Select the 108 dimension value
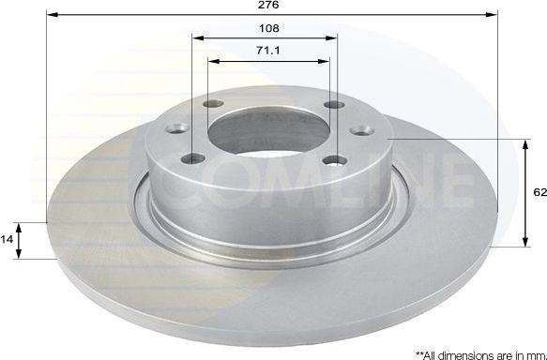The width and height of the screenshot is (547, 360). pyautogui.click(x=270, y=28)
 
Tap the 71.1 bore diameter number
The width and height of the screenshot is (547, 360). pyautogui.click(x=270, y=51)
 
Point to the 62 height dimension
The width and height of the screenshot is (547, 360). pyautogui.click(x=539, y=192)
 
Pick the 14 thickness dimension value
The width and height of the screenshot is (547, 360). pyautogui.click(x=8, y=240)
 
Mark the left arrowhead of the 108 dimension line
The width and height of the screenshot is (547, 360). pyautogui.click(x=197, y=38)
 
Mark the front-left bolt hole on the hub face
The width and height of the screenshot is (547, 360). pyautogui.click(x=196, y=159)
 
